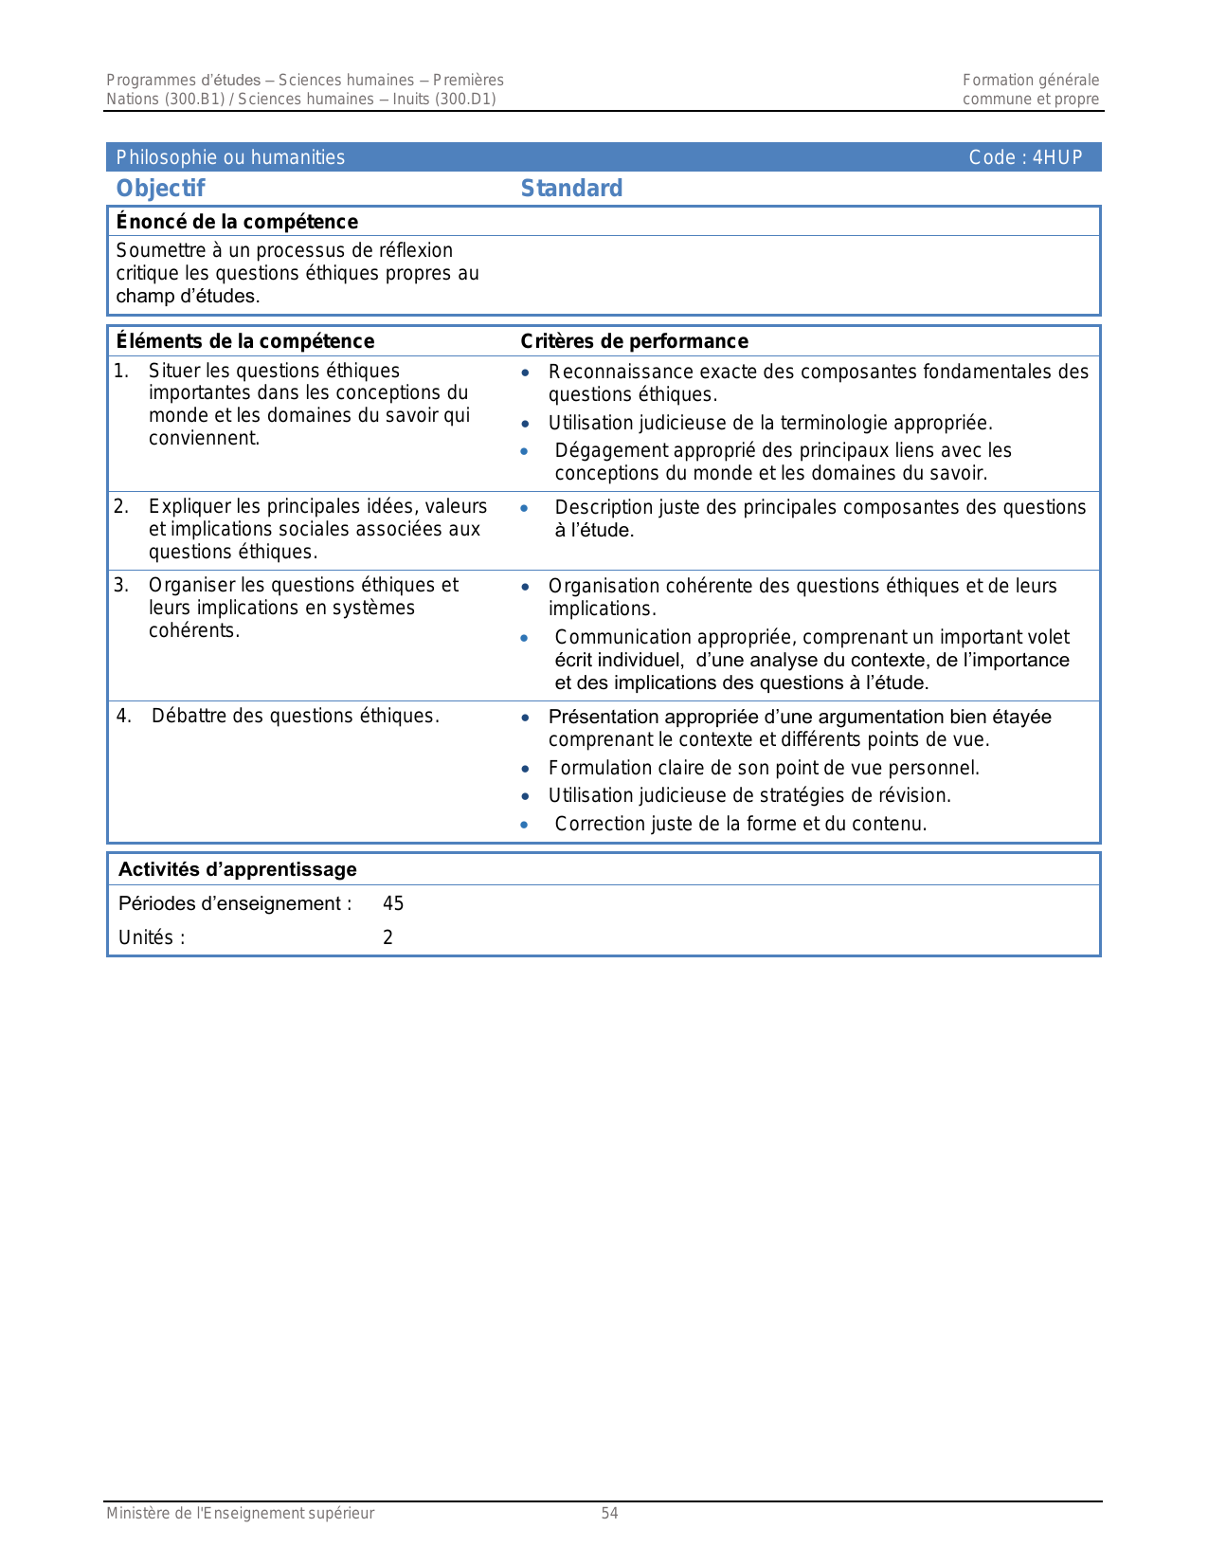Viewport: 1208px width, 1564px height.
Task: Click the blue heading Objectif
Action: pyautogui.click(x=160, y=189)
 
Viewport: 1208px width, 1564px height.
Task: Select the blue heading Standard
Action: pyautogui.click(x=571, y=189)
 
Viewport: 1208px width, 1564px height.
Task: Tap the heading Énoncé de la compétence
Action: pyautogui.click(x=237, y=222)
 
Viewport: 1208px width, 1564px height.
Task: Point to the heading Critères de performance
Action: pyautogui.click(x=634, y=341)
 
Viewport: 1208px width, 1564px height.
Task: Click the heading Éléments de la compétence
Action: pyautogui.click(x=244, y=341)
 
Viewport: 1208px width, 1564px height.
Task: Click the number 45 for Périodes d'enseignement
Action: pyautogui.click(x=393, y=903)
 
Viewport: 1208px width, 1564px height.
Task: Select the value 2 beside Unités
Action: pyautogui.click(x=388, y=937)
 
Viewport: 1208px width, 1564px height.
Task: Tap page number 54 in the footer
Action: pyautogui.click(x=609, y=1514)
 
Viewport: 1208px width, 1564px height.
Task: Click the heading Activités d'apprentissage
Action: pyautogui.click(x=237, y=869)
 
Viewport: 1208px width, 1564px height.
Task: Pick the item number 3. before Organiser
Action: pyautogui.click(x=121, y=586)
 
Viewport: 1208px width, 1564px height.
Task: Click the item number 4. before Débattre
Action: pyautogui.click(x=123, y=716)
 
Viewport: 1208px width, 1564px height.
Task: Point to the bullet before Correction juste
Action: pyautogui.click(x=525, y=825)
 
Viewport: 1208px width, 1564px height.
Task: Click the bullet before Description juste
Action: pyautogui.click(x=525, y=508)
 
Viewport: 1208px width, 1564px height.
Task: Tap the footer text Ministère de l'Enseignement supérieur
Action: pyautogui.click(x=240, y=1514)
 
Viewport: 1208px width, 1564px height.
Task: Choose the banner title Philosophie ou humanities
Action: pyautogui.click(x=230, y=158)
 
